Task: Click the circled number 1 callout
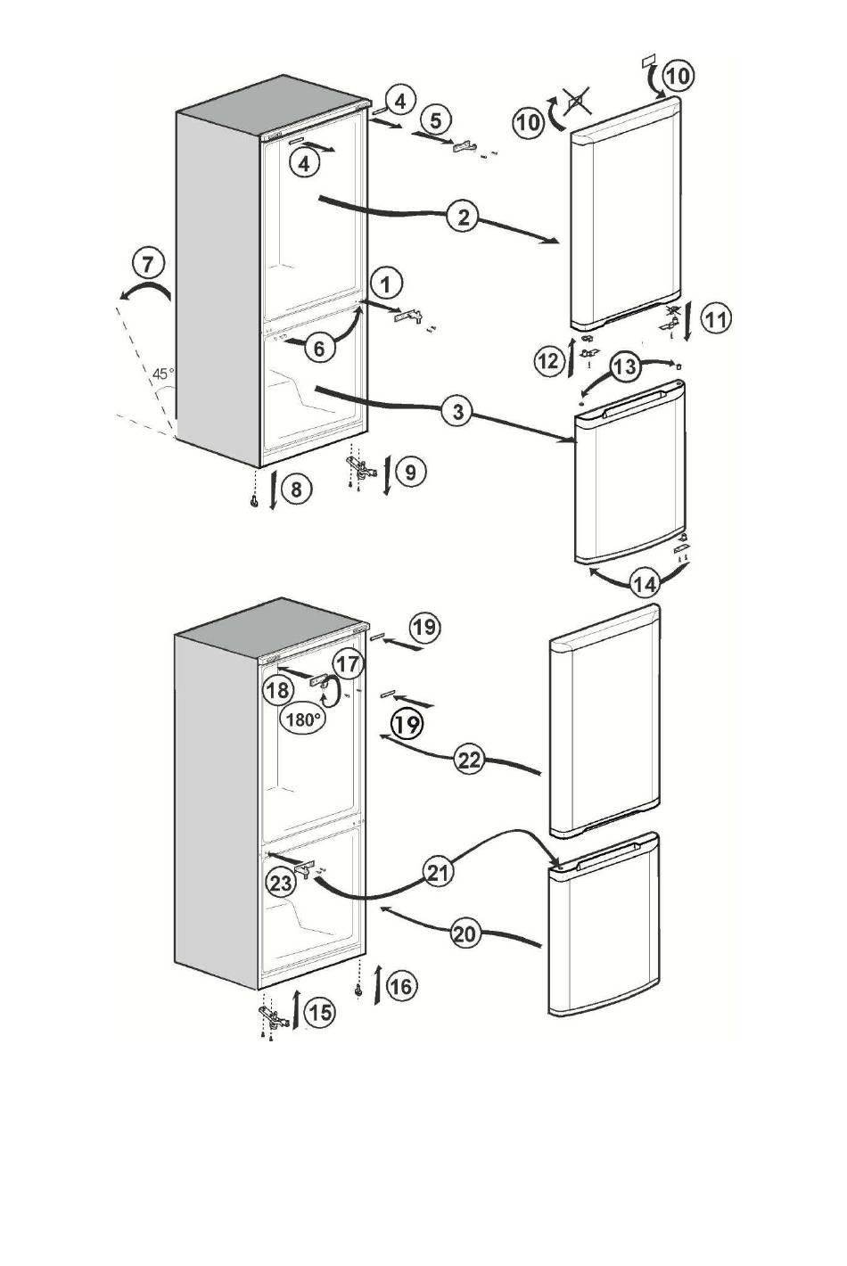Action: tap(386, 284)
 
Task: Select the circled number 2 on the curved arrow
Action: tap(464, 218)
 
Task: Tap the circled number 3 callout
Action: tap(457, 412)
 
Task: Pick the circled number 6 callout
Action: tap(319, 349)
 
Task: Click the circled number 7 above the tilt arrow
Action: tap(147, 264)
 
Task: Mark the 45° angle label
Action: tap(164, 374)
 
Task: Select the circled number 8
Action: tap(296, 489)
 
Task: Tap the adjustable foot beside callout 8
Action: tap(254, 501)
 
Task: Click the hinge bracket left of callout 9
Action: tap(360, 468)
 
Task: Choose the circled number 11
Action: tap(716, 320)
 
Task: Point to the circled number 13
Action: tap(625, 366)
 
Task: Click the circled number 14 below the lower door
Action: tap(646, 584)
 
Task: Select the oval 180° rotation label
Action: tap(303, 719)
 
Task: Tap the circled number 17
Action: tap(349, 664)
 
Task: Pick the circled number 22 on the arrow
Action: tap(470, 760)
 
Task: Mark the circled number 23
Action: tap(281, 883)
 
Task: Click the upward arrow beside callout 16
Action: tap(377, 984)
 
